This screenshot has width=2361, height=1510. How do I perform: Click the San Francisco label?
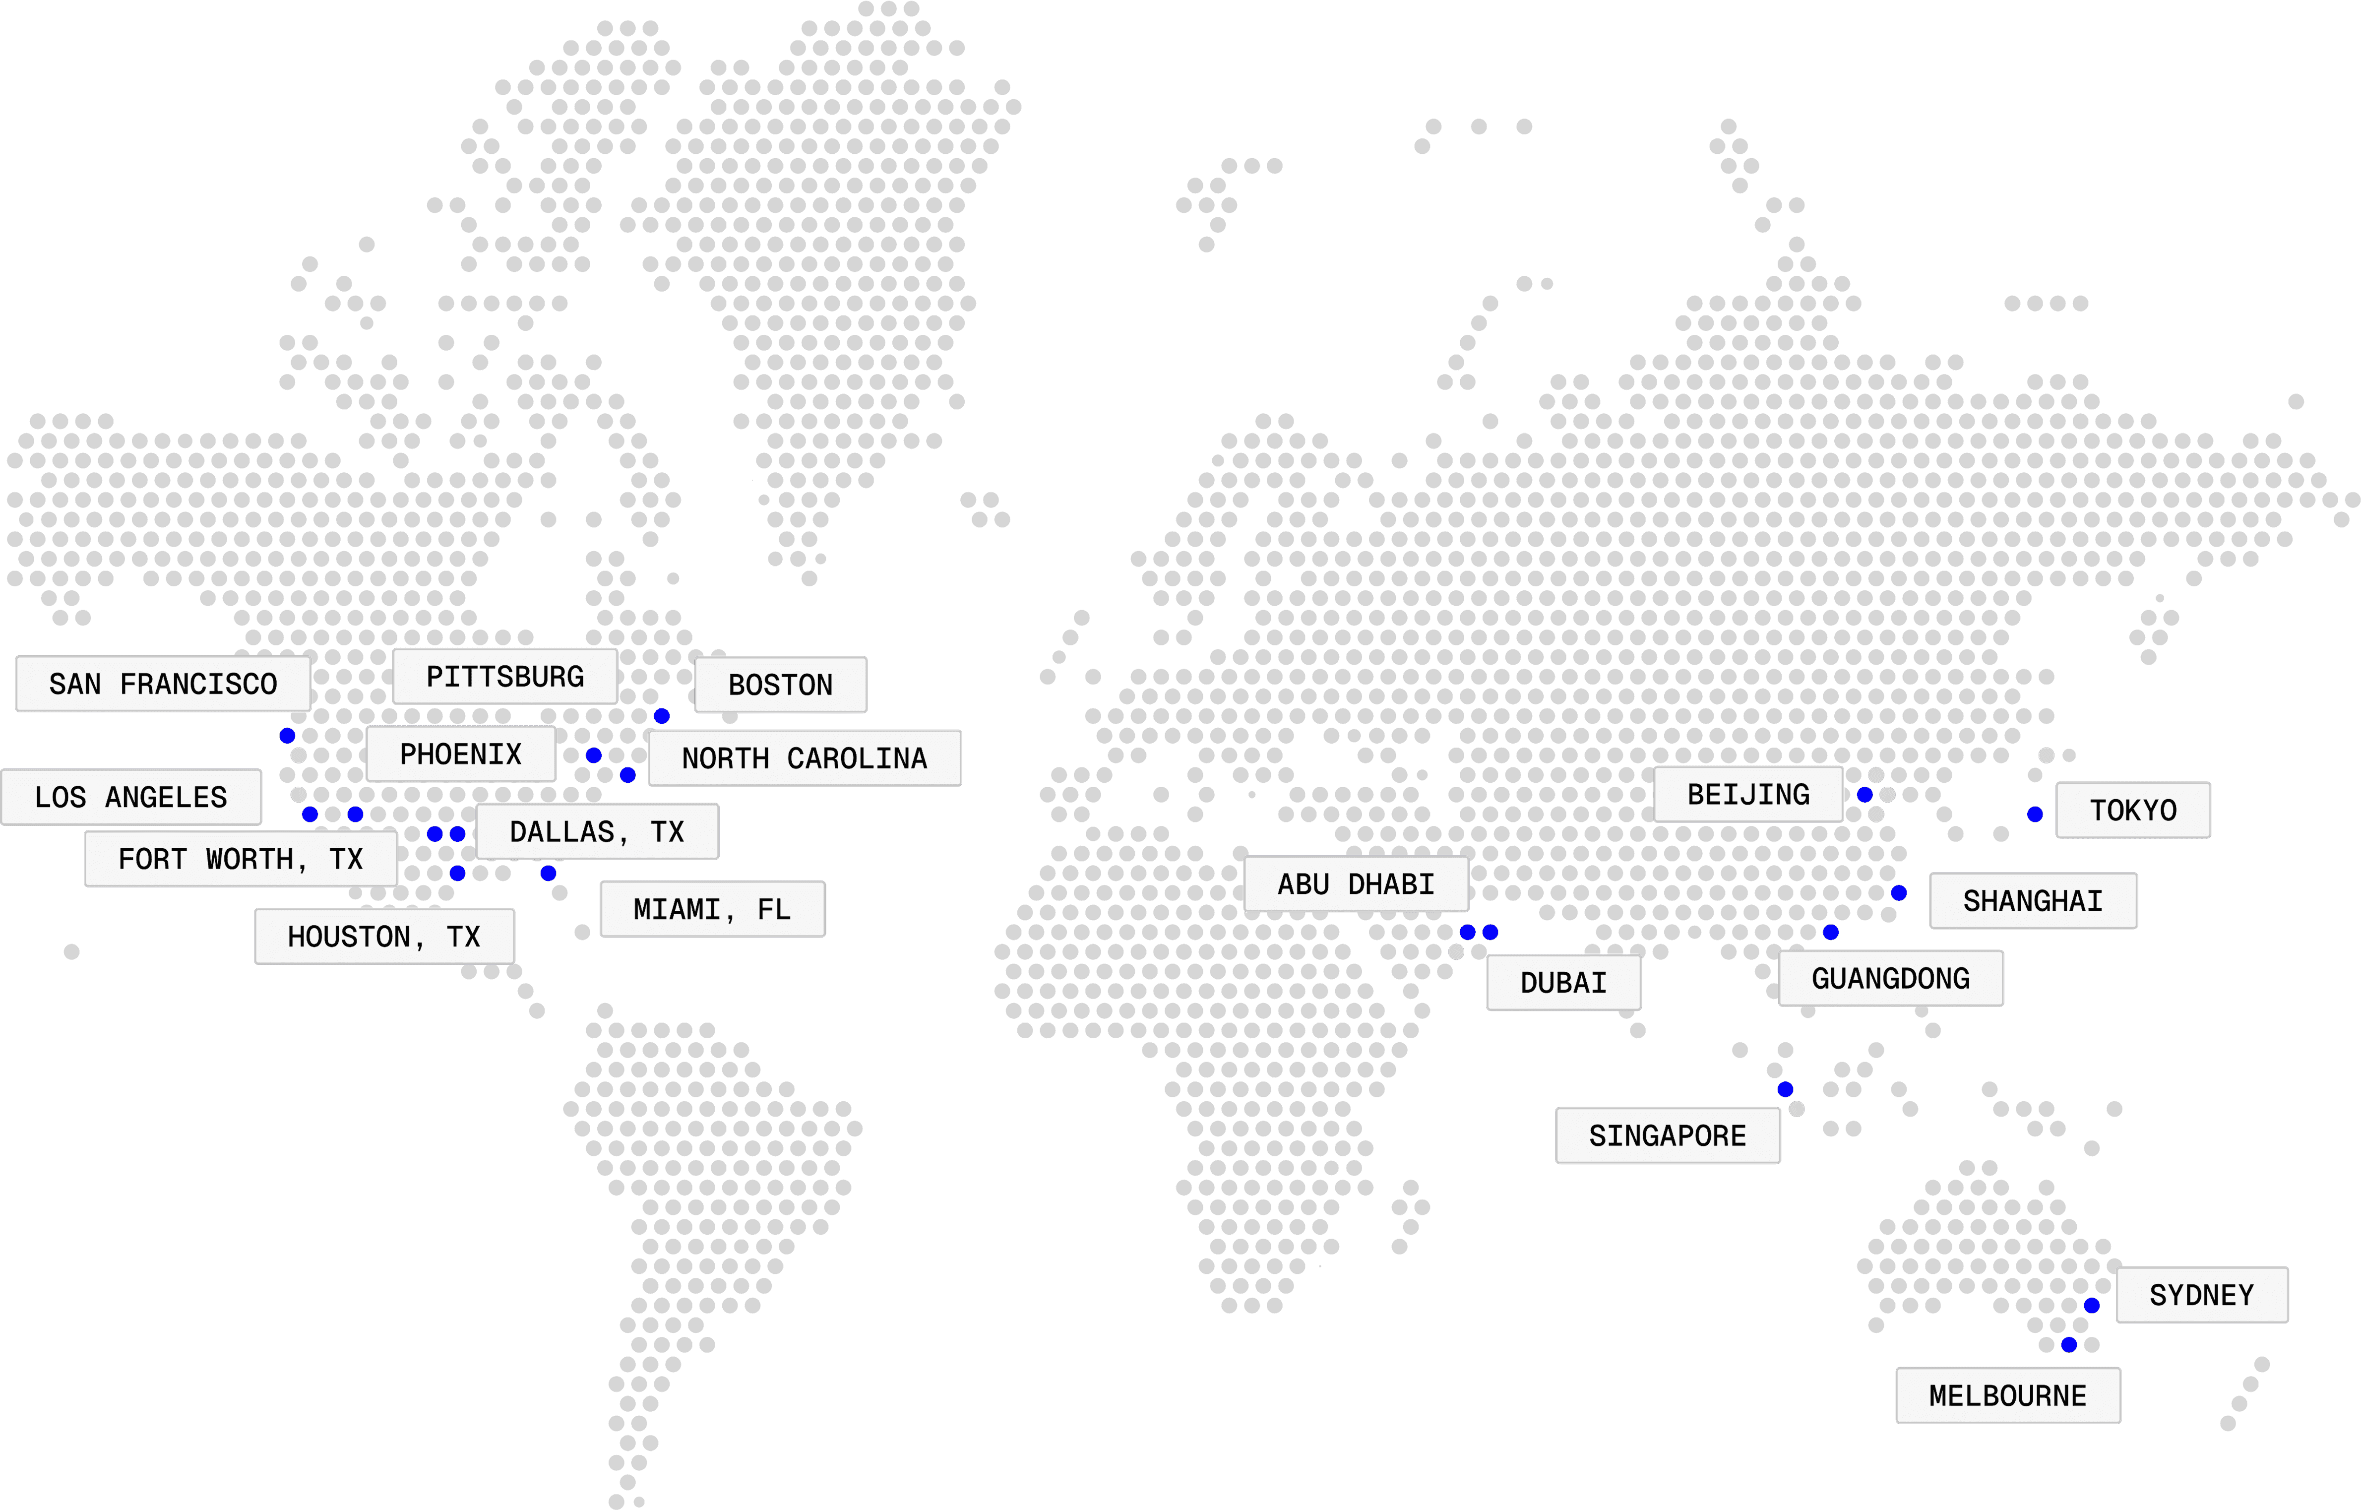(x=163, y=684)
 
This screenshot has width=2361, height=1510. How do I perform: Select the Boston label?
(x=780, y=685)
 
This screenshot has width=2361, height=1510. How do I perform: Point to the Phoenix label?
(x=461, y=754)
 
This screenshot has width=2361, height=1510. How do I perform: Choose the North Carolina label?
(x=804, y=758)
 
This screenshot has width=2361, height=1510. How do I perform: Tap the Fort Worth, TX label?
(x=241, y=859)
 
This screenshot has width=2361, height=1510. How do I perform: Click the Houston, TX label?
(x=384, y=937)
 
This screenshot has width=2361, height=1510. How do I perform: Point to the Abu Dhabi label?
(x=1356, y=884)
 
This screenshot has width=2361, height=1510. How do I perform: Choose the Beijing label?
(x=1748, y=794)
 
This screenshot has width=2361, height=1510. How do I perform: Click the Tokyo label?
(x=2132, y=810)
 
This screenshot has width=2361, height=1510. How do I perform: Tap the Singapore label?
(x=1668, y=1135)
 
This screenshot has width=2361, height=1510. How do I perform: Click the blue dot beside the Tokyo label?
(x=2036, y=814)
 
